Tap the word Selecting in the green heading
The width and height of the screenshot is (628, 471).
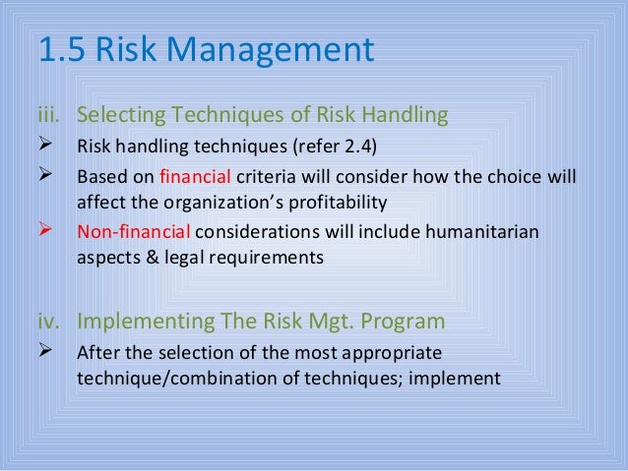point(121,117)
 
